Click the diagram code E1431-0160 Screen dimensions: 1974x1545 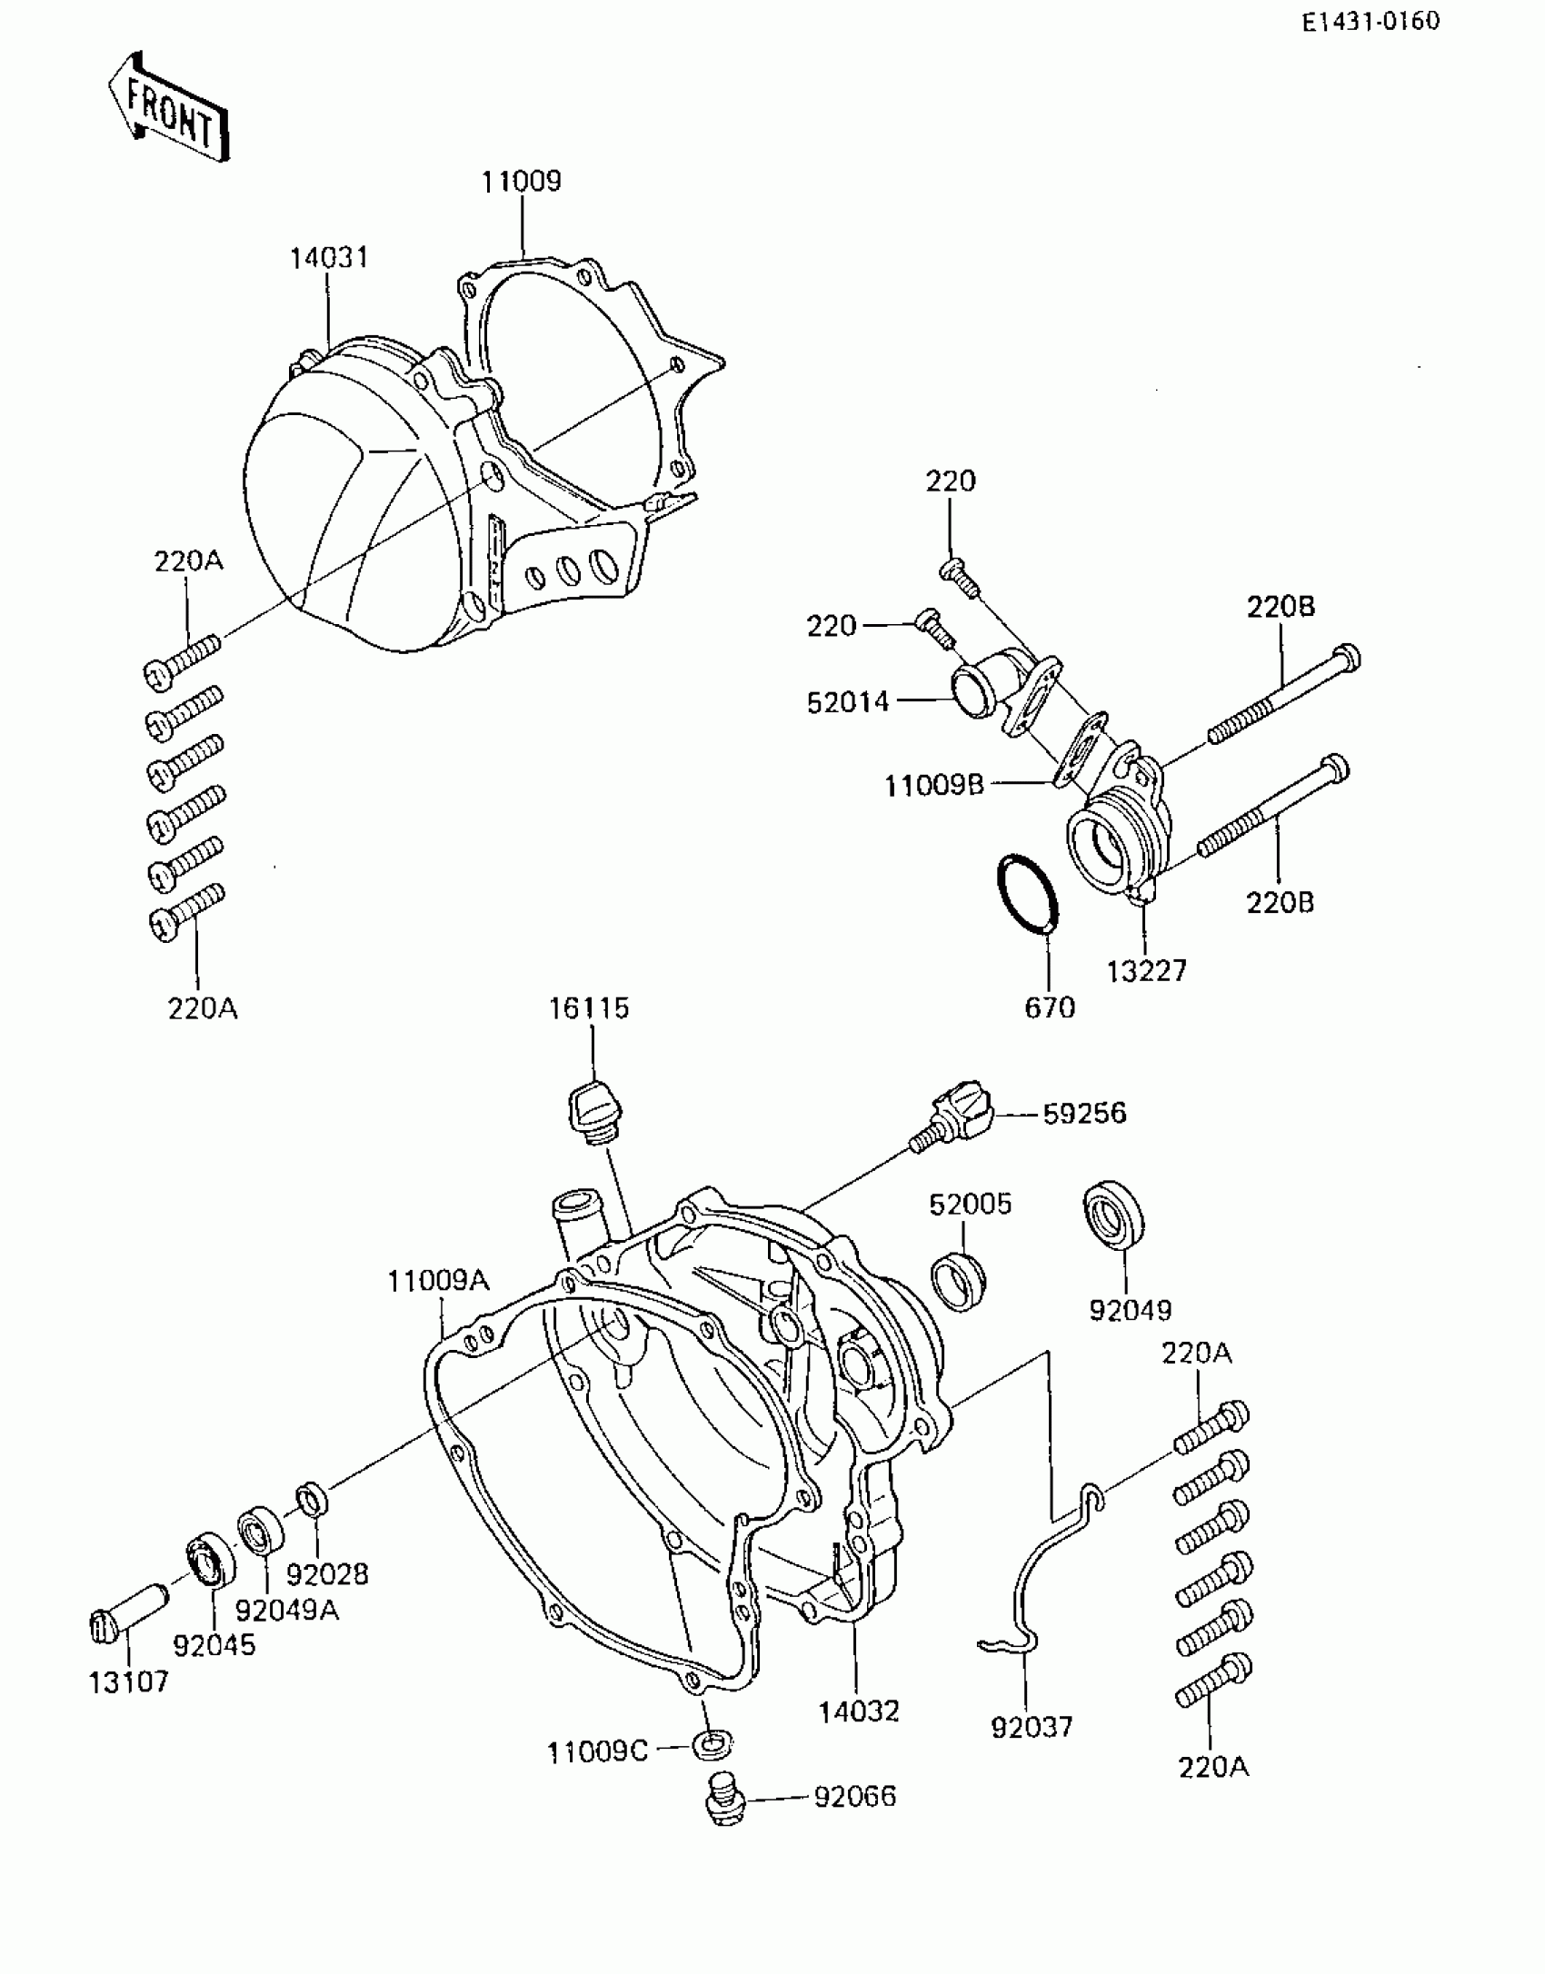point(1371,22)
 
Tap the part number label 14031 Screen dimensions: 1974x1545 point(329,258)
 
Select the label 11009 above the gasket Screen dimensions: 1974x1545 point(522,181)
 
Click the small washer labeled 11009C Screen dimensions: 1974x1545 point(713,1743)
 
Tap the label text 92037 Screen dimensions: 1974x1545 point(1032,1727)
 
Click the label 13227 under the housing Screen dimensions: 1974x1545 point(1147,971)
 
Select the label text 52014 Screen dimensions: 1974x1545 point(848,702)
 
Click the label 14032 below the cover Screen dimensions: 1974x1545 point(859,1711)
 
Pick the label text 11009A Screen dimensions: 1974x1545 point(438,1282)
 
